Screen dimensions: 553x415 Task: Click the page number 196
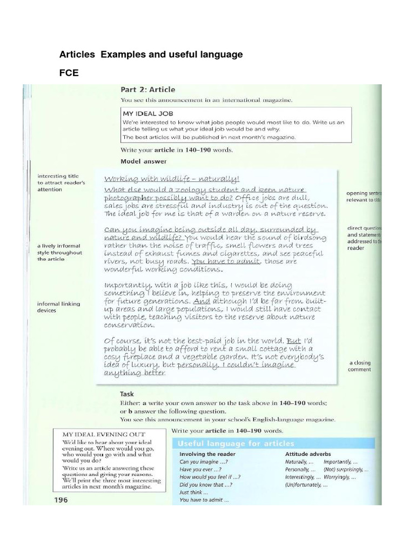[60, 500]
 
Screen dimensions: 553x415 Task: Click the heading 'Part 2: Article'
[148, 90]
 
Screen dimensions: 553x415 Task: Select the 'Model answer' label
[143, 161]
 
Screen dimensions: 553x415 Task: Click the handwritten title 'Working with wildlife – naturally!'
[172, 179]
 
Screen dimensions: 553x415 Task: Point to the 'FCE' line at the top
[69, 73]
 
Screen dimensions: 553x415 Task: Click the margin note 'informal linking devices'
[58, 307]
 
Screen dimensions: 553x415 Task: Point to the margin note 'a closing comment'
[360, 366]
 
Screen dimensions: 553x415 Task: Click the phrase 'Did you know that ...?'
[206, 484]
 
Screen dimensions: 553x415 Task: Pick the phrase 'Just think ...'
[190, 492]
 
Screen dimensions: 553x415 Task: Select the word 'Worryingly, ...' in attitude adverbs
[339, 477]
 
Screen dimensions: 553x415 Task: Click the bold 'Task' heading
[127, 394]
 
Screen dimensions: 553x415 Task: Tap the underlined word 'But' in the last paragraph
[293, 341]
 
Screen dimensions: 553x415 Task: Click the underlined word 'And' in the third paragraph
[202, 301]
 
